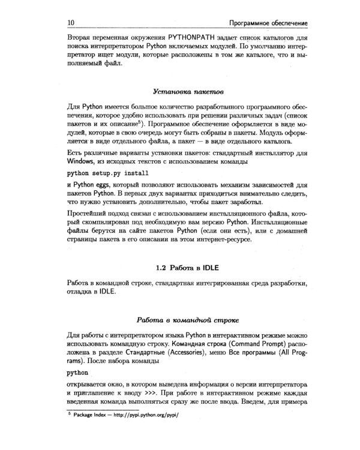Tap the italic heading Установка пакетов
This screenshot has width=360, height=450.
pos(188,92)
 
